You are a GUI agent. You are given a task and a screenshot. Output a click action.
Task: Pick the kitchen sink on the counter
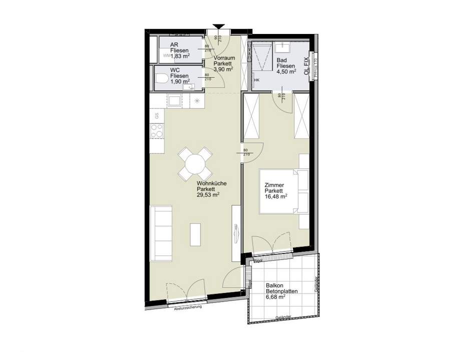coord(175,101)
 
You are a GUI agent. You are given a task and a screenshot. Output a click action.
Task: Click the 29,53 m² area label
coord(208,196)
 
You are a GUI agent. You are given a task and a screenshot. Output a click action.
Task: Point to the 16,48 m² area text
coord(276,197)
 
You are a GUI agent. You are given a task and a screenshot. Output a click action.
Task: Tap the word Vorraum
coord(223,58)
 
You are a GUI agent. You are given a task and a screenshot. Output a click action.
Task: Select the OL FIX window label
coord(306,65)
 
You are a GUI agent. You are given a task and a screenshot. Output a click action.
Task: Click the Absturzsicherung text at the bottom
coord(187,307)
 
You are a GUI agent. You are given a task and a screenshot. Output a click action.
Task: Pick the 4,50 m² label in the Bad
coord(287,71)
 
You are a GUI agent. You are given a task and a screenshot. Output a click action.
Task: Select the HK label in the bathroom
coord(257,80)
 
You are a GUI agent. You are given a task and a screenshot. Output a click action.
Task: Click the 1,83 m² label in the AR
coord(179,57)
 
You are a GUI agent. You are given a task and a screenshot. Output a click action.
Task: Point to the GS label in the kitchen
coord(157,115)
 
